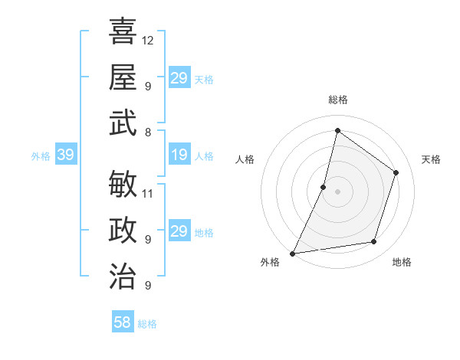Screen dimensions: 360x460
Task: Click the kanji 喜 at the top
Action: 123,31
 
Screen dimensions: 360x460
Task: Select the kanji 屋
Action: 123,77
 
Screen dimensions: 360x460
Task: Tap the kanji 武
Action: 123,123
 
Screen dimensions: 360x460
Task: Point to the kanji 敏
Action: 123,184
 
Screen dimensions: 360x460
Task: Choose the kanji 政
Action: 123,231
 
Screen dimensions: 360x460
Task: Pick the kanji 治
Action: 123,276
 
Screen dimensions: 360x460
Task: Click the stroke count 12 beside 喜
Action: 148,40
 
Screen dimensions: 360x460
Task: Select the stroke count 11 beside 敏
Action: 148,193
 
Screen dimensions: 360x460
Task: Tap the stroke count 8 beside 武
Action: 148,132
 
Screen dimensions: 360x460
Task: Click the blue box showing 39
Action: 65,155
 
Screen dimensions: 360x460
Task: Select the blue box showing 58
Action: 122,322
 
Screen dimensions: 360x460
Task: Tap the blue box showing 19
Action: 179,155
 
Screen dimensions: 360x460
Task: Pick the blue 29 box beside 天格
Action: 179,78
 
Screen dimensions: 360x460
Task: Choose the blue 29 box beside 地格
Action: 179,231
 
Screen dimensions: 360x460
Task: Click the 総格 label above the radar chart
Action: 337,100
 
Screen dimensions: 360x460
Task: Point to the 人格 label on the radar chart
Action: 245,159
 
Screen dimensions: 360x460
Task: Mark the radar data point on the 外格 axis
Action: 292,253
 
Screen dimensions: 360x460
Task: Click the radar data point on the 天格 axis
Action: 396,172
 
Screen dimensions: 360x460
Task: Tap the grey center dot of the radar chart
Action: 337,191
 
